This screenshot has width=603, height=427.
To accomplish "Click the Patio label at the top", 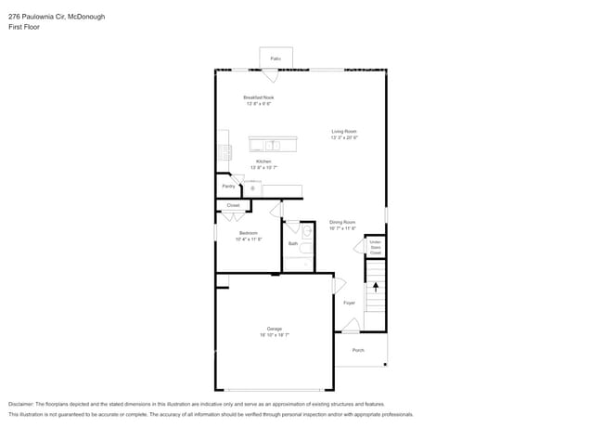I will tap(276, 58).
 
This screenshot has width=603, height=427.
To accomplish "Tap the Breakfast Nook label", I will tap(259, 97).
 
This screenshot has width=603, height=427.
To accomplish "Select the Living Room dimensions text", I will tap(344, 137).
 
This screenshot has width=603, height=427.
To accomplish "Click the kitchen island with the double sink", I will tap(273, 144).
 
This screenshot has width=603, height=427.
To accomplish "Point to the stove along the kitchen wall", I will tap(224, 151).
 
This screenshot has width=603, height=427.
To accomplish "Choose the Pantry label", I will tap(228, 186).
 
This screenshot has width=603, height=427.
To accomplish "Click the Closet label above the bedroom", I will tap(233, 205).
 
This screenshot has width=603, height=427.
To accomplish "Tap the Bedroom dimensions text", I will tap(248, 239).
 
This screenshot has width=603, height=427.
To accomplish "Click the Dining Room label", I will tap(342, 222).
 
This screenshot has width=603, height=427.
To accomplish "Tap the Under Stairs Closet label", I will tap(376, 248).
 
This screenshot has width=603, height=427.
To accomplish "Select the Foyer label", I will tap(350, 303).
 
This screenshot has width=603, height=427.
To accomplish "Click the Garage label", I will tap(275, 329).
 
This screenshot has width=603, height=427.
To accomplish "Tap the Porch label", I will tap(358, 350).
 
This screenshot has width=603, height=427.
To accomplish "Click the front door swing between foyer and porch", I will tap(350, 326).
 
